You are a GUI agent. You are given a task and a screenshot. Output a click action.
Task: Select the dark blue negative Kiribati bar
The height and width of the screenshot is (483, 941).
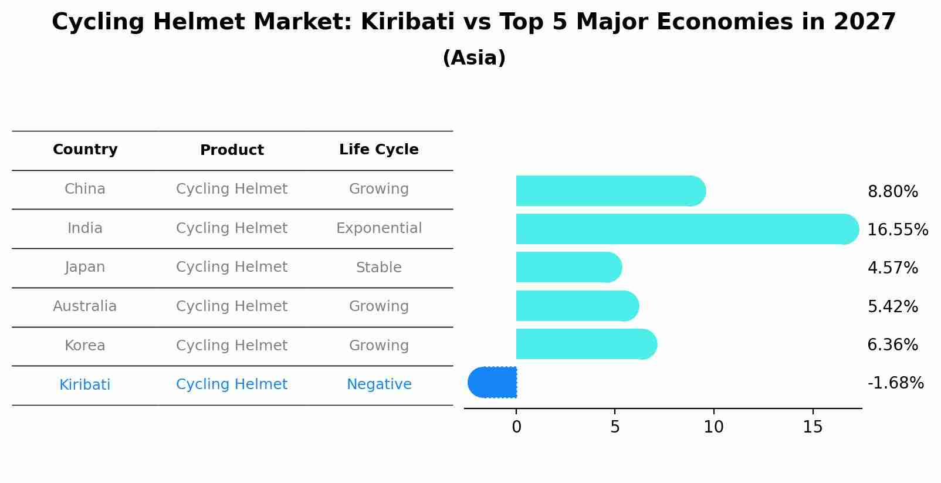493,383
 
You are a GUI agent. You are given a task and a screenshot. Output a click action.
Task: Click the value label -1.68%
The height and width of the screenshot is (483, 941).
895,383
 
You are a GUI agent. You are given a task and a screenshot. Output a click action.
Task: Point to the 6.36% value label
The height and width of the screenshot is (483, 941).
892,345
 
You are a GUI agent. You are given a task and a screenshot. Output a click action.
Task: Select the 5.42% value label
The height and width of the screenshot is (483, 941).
892,306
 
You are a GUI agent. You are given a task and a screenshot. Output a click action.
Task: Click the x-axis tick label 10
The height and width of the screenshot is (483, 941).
713,427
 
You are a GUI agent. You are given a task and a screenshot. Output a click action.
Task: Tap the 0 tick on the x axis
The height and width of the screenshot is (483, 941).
516,427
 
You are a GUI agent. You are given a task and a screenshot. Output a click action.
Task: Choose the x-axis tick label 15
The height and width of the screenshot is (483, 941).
813,427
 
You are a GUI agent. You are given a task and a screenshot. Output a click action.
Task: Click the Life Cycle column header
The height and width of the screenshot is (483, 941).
379,150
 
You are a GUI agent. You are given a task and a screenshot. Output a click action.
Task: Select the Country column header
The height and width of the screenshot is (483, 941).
85,150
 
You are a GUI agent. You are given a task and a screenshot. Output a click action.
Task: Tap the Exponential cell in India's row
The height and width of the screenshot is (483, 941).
379,228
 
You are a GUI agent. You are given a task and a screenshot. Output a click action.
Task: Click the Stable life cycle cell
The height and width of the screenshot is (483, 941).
379,268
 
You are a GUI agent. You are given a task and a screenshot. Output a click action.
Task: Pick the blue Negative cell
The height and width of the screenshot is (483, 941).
379,384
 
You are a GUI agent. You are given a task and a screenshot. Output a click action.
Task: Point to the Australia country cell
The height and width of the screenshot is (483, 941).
85,306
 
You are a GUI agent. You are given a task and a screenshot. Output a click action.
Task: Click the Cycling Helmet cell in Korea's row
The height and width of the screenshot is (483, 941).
232,346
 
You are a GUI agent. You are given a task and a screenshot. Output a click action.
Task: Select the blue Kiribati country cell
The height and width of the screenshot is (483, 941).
85,385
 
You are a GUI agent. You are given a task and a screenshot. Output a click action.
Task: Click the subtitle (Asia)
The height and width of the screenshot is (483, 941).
474,58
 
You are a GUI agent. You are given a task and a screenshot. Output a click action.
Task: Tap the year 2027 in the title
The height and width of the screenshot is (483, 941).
864,22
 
